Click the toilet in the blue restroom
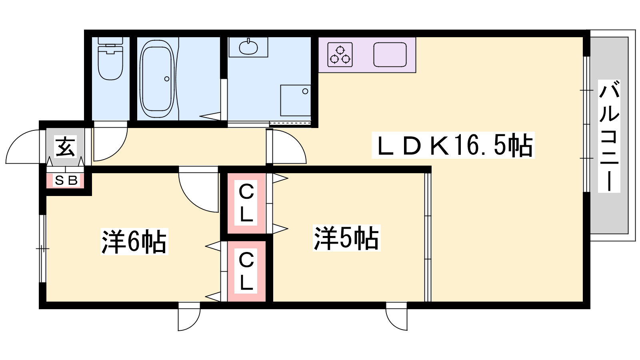[110, 58]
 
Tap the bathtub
[157, 79]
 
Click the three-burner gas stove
[340, 54]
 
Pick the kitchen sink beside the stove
[390, 54]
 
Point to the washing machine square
[296, 100]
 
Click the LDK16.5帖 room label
[453, 145]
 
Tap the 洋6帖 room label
[134, 242]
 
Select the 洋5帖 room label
[346, 238]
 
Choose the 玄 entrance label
[66, 147]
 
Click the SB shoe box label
[66, 180]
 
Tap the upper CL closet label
[246, 202]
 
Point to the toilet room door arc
[120, 152]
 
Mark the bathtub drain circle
[167, 79]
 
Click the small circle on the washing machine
[305, 92]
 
